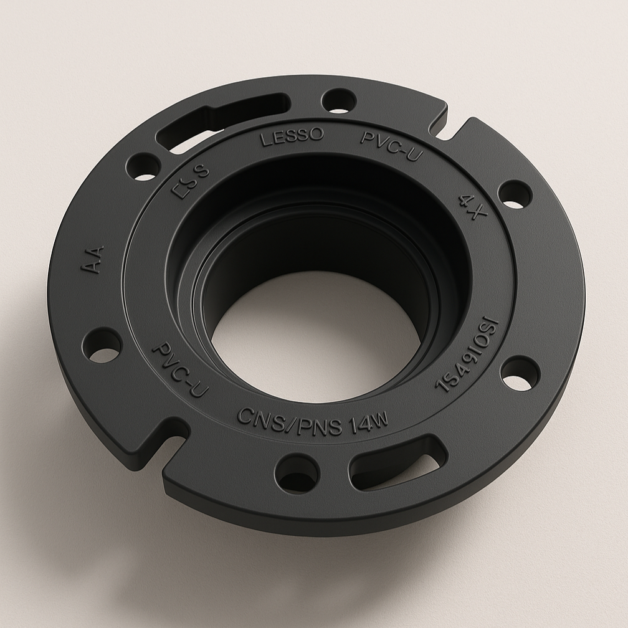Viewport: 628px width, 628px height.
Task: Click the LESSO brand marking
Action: click(x=292, y=136)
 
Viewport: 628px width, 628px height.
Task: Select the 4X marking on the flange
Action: click(x=472, y=207)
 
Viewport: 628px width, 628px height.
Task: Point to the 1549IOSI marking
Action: click(x=467, y=355)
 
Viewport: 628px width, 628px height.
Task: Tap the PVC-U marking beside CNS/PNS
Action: click(x=179, y=369)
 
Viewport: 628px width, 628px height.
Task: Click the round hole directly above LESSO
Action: click(x=339, y=100)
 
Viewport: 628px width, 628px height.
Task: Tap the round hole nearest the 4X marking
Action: click(x=515, y=194)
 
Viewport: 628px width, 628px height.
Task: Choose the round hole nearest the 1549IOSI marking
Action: click(x=520, y=373)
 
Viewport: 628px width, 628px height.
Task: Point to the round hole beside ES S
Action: click(x=143, y=166)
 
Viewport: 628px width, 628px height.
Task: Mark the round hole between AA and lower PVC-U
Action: click(x=102, y=345)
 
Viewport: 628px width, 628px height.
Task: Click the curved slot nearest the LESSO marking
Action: click(x=218, y=122)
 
